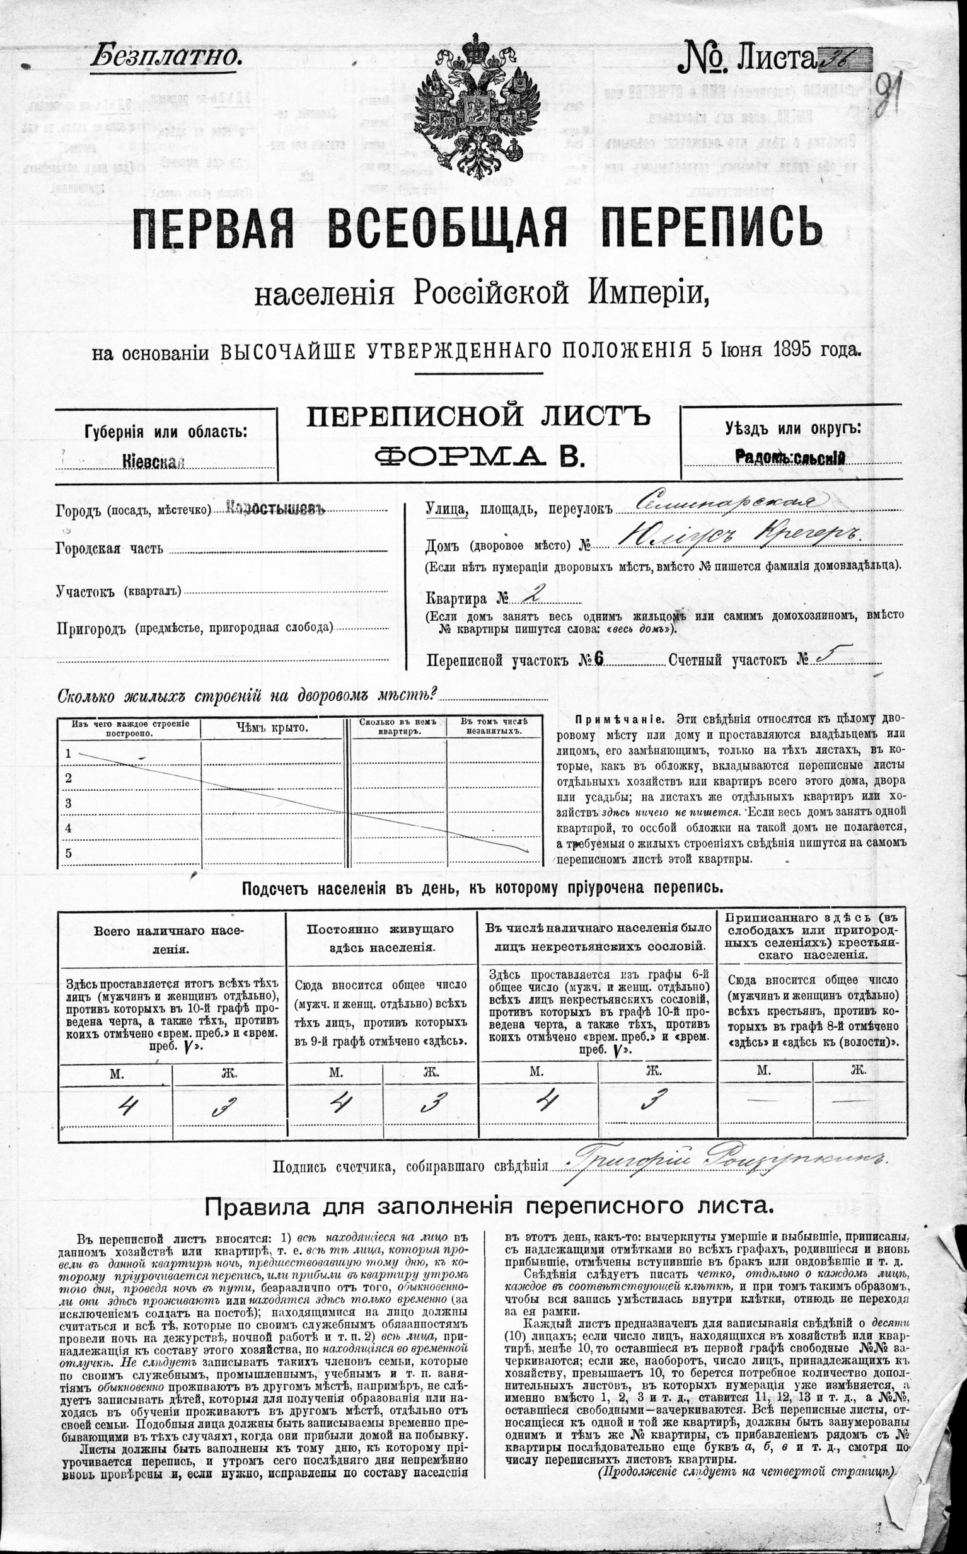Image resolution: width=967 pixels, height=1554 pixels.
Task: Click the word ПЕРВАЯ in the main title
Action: coord(209,229)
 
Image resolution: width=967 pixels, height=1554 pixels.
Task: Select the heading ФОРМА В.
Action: coord(479,456)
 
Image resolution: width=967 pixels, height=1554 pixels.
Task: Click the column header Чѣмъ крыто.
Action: coord(272,728)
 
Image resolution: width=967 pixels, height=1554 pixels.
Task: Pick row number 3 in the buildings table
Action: coord(69,803)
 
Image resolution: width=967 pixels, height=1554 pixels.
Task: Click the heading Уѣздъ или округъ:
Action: coord(792,429)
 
